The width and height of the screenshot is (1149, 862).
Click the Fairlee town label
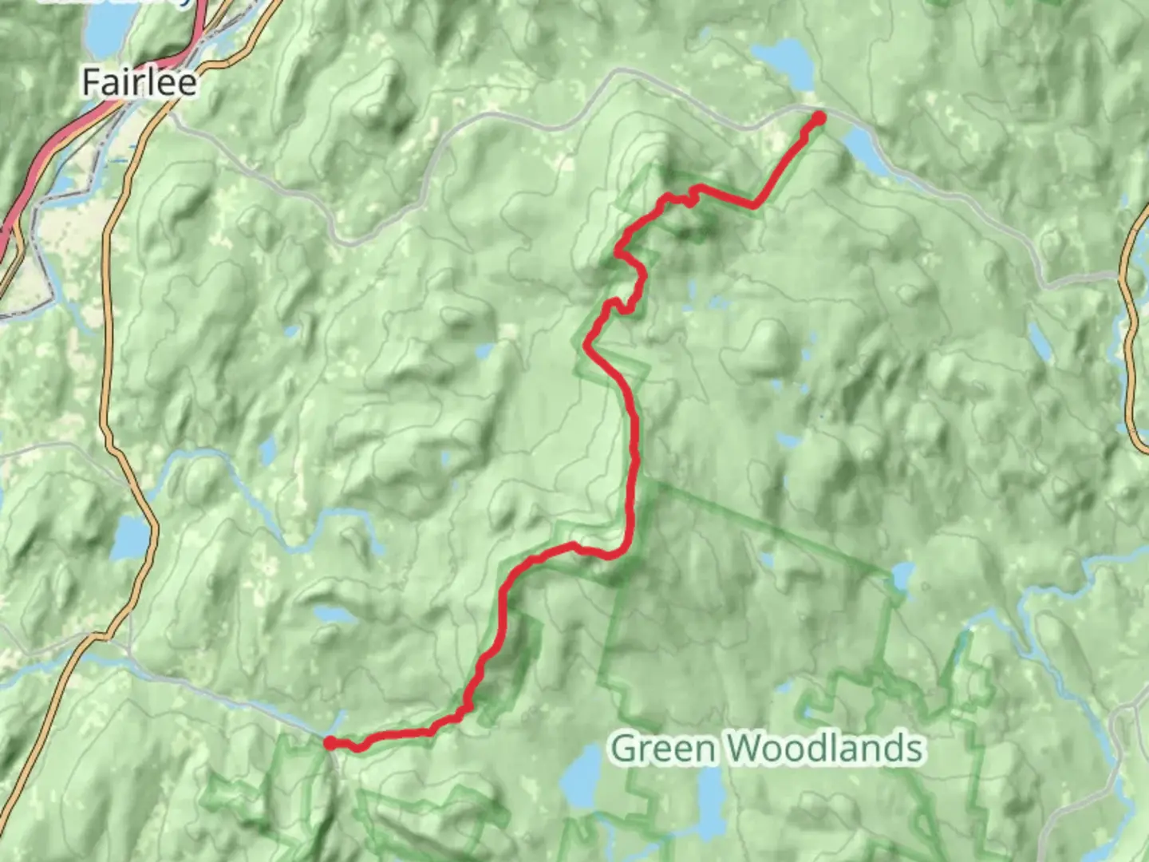140,83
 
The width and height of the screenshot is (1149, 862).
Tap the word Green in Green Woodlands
661,749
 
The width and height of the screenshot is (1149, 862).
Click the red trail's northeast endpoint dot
819,119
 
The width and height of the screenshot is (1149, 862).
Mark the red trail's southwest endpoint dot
330,743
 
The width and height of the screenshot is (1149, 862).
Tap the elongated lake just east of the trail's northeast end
863,152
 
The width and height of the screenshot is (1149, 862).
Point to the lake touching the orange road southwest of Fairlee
131,538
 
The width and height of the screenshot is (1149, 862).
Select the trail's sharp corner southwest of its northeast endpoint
753,206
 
